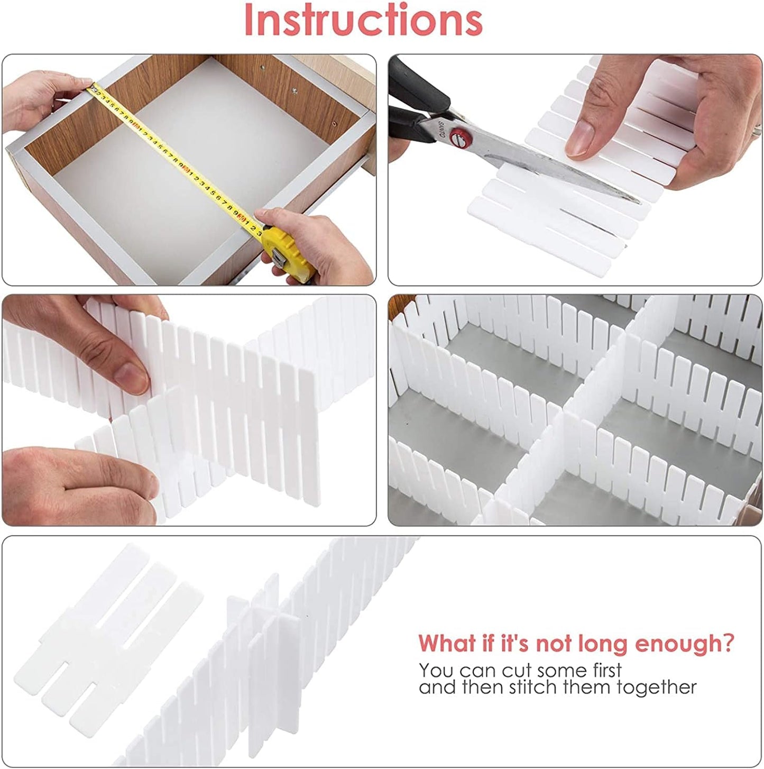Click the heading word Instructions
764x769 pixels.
tap(363, 20)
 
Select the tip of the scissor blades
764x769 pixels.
tap(637, 200)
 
